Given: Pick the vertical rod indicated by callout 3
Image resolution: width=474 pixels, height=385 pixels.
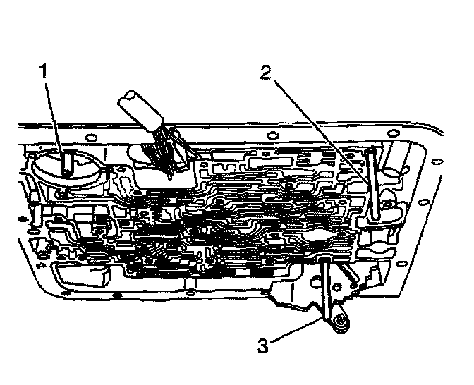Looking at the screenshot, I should [x=327, y=289].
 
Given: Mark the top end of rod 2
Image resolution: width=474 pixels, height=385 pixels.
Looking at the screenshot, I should [x=371, y=151].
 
